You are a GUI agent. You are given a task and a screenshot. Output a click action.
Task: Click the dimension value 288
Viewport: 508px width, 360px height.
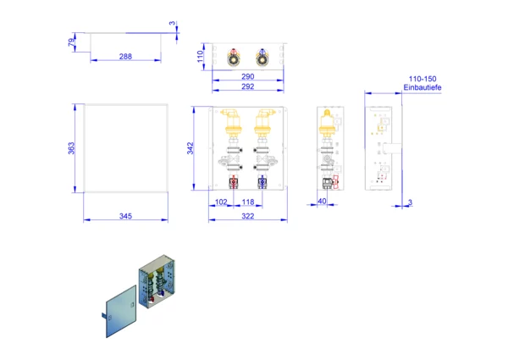point(125,57)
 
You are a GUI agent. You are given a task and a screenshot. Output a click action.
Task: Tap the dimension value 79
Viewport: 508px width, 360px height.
point(71,42)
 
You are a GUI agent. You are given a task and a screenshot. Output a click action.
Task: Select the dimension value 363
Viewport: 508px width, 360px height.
point(71,148)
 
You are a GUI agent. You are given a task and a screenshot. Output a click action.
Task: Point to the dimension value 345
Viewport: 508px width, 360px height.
point(125,216)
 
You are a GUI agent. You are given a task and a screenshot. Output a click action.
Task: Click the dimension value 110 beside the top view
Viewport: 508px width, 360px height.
point(200,57)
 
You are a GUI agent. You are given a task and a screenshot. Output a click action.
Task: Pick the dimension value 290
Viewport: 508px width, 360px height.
point(248,76)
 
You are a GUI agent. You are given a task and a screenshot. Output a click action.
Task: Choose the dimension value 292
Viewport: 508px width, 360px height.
point(248,86)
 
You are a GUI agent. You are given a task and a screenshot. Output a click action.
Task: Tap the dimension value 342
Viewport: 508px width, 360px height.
point(190,148)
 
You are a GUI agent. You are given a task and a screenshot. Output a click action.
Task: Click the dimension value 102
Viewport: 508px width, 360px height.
point(221,202)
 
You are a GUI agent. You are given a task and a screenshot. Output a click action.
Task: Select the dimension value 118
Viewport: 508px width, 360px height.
point(248,202)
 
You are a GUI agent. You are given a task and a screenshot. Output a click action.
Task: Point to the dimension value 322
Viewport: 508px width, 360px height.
point(248,216)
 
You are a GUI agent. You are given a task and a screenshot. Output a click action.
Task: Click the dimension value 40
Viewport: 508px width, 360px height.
point(322,202)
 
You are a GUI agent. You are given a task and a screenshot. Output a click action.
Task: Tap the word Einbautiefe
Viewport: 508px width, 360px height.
point(422,87)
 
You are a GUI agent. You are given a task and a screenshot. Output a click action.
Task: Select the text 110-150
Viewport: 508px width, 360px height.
point(422,79)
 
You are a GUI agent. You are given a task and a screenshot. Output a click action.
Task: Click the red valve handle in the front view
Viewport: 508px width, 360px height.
point(234,181)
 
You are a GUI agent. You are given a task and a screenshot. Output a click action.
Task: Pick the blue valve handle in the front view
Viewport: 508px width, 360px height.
point(262,181)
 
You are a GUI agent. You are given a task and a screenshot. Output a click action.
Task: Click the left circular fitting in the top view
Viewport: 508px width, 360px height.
point(234,58)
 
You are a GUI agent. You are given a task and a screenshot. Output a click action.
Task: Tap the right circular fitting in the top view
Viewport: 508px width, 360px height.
point(262,58)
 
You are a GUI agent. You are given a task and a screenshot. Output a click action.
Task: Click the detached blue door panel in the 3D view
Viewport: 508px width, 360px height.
point(121,312)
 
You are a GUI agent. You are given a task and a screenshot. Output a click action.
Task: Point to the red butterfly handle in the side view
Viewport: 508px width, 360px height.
point(335,182)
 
